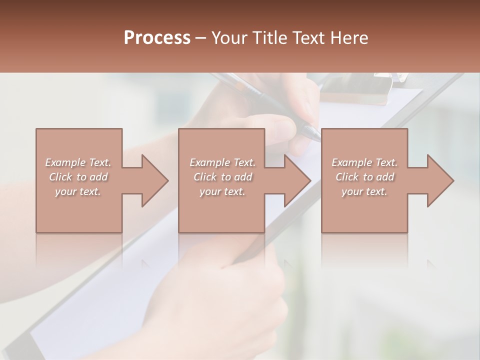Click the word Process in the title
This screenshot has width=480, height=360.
[x=157, y=38]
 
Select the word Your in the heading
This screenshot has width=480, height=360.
[x=229, y=38]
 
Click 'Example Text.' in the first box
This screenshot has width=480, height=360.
[x=78, y=162]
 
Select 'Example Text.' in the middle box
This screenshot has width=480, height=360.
[x=222, y=162]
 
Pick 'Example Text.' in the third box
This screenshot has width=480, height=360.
[x=364, y=162]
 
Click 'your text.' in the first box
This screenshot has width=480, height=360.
[x=78, y=191]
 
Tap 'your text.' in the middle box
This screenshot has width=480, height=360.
[x=222, y=191]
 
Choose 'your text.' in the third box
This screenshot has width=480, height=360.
[x=364, y=191]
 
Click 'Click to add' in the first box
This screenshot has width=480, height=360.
[x=78, y=177]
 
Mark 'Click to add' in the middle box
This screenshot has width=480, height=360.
[x=222, y=177]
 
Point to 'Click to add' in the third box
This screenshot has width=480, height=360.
[x=364, y=177]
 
